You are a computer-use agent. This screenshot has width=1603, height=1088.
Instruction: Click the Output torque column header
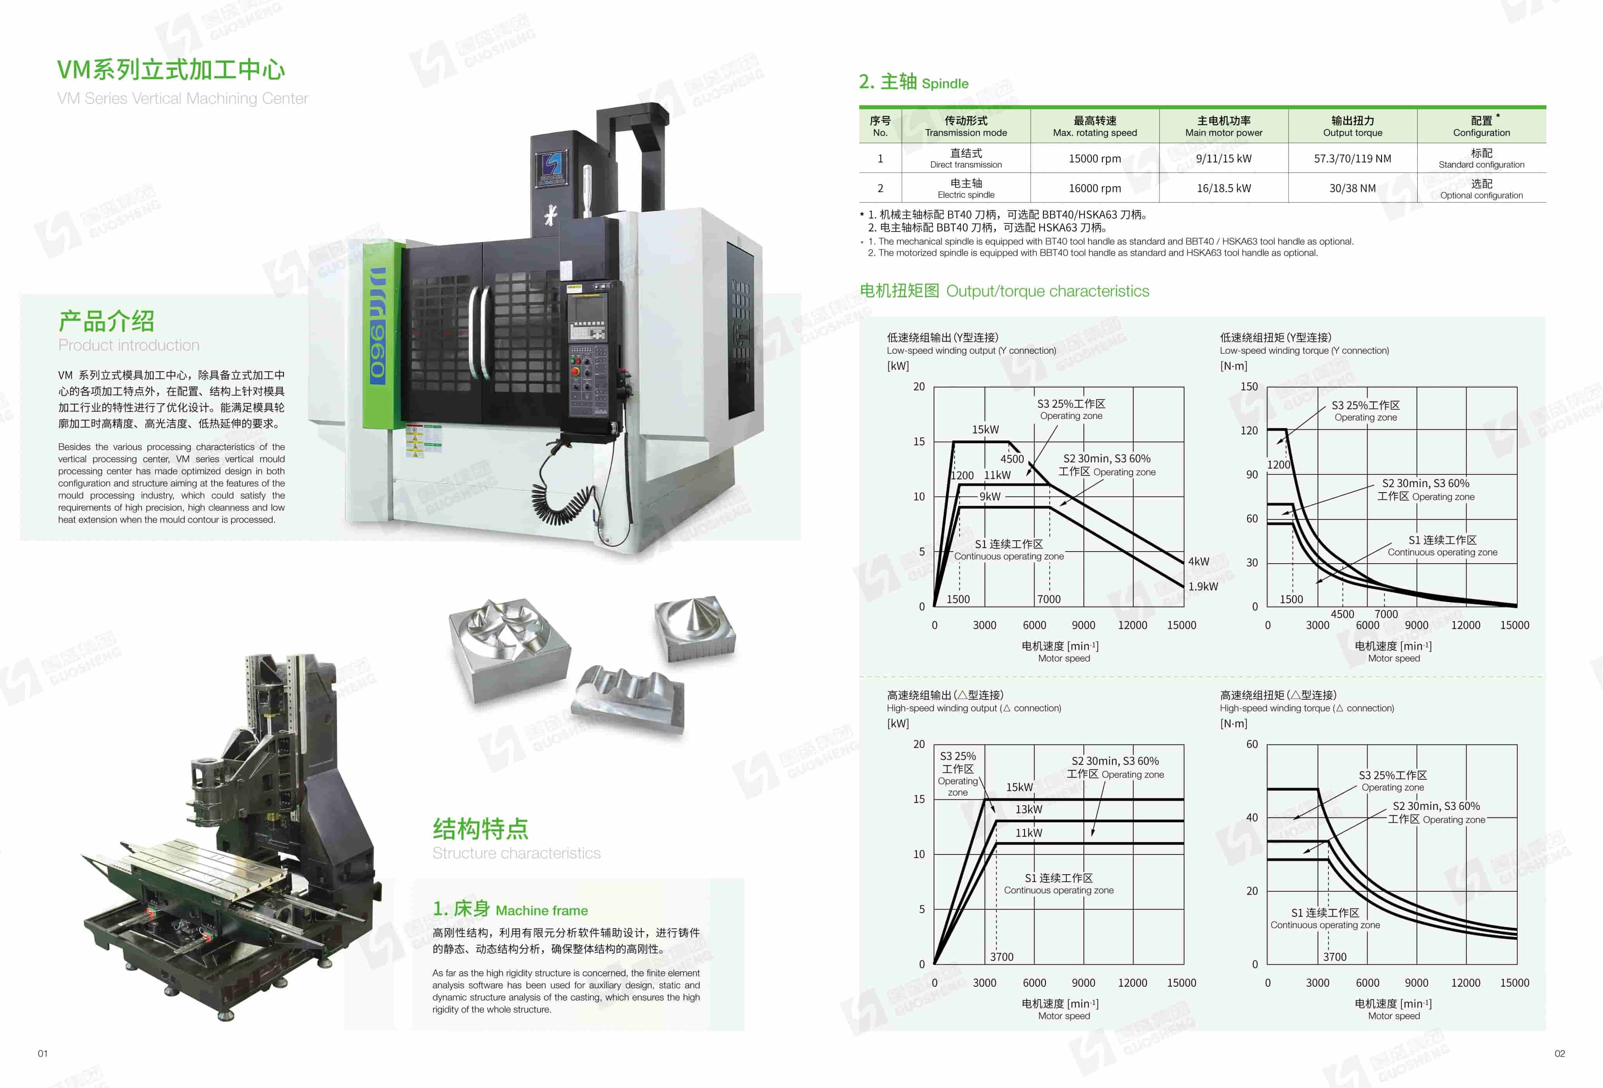coord(1352,126)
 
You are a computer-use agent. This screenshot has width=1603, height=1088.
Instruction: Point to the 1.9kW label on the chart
coord(1203,586)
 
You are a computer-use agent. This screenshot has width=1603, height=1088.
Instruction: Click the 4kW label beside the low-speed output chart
coord(1198,562)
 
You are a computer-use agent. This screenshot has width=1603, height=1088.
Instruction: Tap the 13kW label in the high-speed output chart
coord(1028,809)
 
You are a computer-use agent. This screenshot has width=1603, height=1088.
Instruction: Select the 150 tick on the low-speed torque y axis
coord(1249,386)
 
